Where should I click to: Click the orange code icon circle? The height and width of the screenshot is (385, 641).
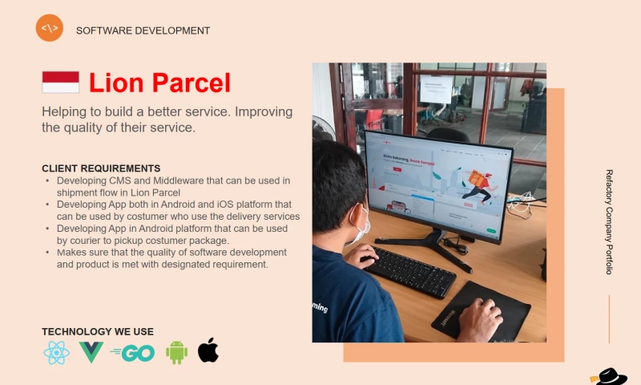tap(50, 28)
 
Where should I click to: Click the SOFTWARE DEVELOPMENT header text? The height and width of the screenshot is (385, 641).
tap(143, 30)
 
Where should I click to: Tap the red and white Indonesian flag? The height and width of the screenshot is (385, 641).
tap(60, 82)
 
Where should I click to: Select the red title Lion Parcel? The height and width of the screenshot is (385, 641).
tap(159, 83)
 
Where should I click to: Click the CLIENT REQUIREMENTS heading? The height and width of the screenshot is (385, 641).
tap(101, 168)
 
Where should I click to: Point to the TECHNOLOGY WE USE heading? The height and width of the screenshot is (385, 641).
tap(98, 331)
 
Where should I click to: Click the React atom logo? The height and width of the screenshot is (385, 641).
tap(57, 352)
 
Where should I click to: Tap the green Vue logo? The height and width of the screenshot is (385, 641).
tap(91, 352)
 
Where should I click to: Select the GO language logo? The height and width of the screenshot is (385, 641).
tap(133, 353)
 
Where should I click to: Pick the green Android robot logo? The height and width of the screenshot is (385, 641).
tap(176, 351)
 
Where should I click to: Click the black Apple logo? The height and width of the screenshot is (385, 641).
tap(208, 351)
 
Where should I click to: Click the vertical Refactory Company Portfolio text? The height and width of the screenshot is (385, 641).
tap(609, 221)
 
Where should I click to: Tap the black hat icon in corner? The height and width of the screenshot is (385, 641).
tap(610, 376)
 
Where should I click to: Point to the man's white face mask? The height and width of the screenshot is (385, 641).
tap(361, 225)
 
